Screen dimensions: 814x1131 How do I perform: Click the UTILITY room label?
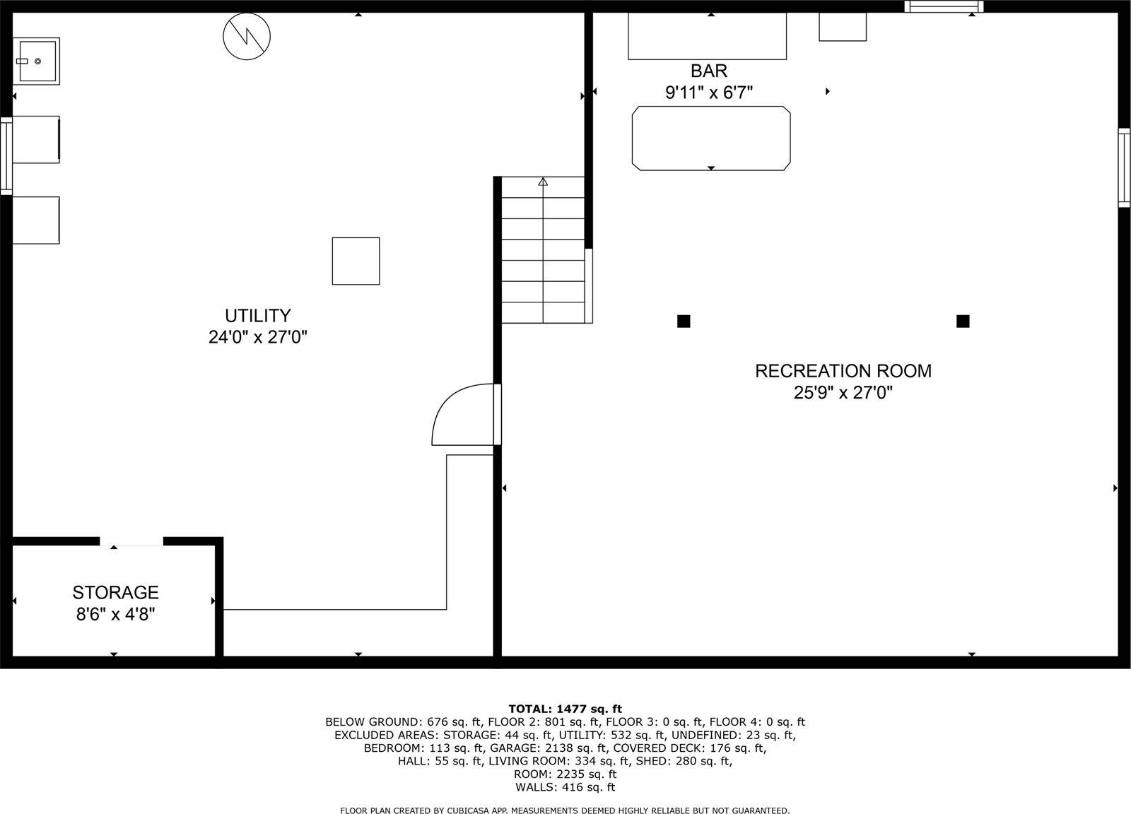coord(257,316)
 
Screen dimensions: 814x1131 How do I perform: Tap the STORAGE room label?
coord(115,592)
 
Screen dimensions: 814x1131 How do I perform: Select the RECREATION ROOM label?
coord(843,371)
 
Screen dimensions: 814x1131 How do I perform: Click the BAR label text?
coord(708,71)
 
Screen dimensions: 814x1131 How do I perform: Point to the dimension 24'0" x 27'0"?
coord(257,338)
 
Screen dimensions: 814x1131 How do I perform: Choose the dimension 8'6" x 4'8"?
coord(115,614)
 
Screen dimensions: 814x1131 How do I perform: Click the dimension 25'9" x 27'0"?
coord(843,393)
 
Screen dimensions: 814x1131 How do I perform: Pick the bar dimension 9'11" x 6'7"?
coord(708,93)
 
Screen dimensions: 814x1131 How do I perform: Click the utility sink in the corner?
coord(36,61)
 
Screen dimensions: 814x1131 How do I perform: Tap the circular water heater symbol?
coord(247,36)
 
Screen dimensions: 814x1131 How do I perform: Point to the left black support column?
coord(684,322)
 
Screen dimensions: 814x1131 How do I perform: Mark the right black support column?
coord(962,322)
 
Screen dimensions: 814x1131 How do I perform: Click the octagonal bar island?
coord(710,138)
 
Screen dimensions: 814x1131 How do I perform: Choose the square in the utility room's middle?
coord(356,261)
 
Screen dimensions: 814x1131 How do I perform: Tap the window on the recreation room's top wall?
coord(944,7)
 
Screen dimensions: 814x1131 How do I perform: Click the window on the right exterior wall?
coord(1124,167)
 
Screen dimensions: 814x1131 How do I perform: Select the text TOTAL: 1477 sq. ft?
coord(565,709)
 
